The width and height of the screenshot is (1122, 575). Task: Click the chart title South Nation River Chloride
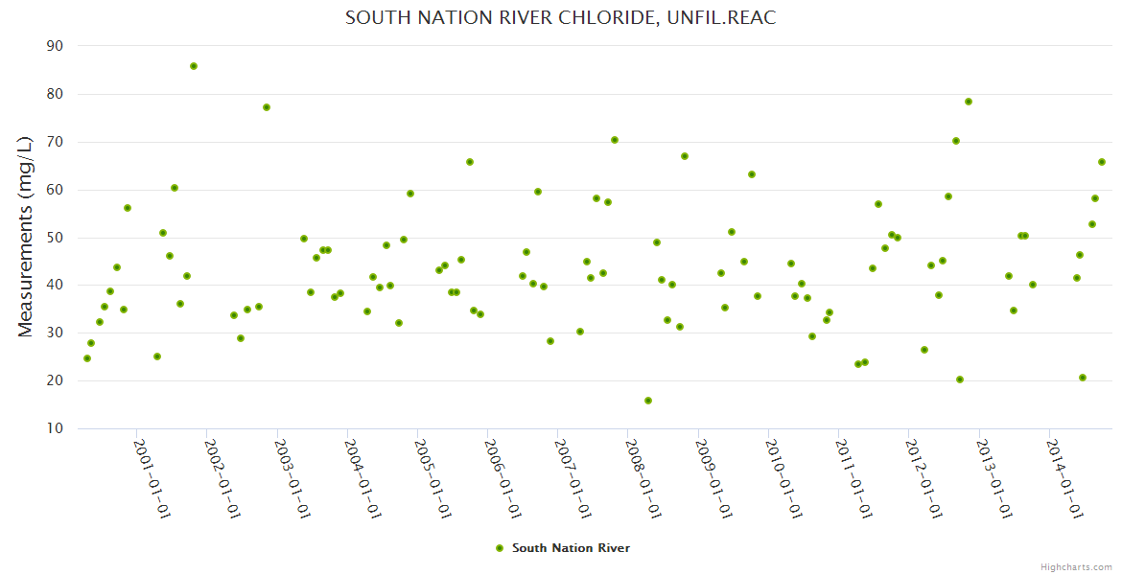[560, 18]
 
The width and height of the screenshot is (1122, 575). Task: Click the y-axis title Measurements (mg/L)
[26, 236]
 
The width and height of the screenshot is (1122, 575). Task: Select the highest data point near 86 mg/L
[194, 66]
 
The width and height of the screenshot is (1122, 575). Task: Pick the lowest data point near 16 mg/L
[648, 401]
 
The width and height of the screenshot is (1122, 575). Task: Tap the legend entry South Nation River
[571, 548]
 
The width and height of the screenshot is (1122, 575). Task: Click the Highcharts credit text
[1077, 566]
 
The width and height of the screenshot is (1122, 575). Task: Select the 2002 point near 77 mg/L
[267, 107]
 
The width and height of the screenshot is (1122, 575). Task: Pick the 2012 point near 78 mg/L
[969, 102]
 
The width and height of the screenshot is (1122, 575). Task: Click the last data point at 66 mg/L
[1102, 162]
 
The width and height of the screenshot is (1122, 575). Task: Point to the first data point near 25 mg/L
[87, 358]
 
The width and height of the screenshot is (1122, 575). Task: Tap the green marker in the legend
[499, 548]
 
